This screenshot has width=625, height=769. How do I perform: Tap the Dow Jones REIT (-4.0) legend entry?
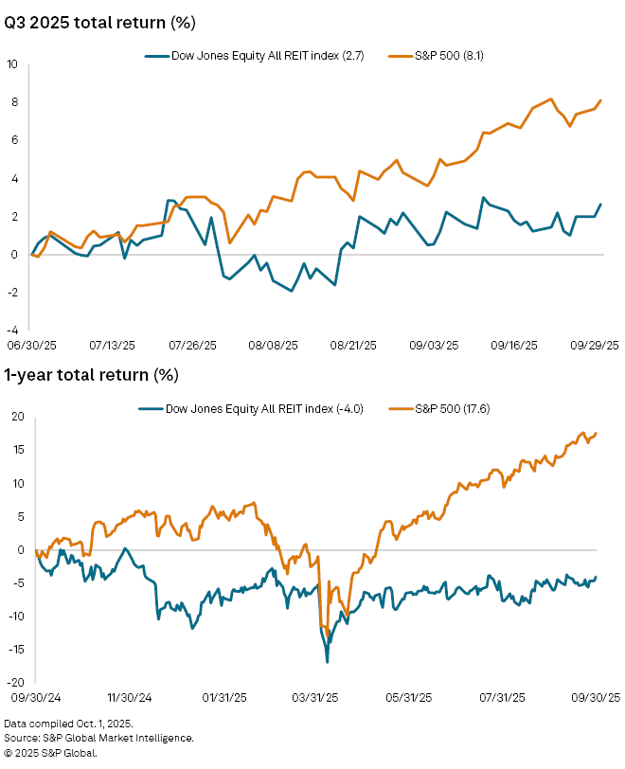(259, 408)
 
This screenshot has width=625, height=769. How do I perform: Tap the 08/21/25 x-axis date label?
(355, 348)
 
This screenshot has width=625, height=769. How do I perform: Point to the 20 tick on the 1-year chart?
(16, 417)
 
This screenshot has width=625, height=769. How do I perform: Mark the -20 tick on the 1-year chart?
(14, 682)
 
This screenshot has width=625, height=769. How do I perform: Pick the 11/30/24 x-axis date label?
(131, 698)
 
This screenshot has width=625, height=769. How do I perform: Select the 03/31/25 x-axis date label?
(320, 698)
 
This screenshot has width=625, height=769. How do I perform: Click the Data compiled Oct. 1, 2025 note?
(68, 724)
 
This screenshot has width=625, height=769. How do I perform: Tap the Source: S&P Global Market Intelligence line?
(99, 738)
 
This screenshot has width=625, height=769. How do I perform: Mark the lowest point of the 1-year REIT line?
(327, 662)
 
